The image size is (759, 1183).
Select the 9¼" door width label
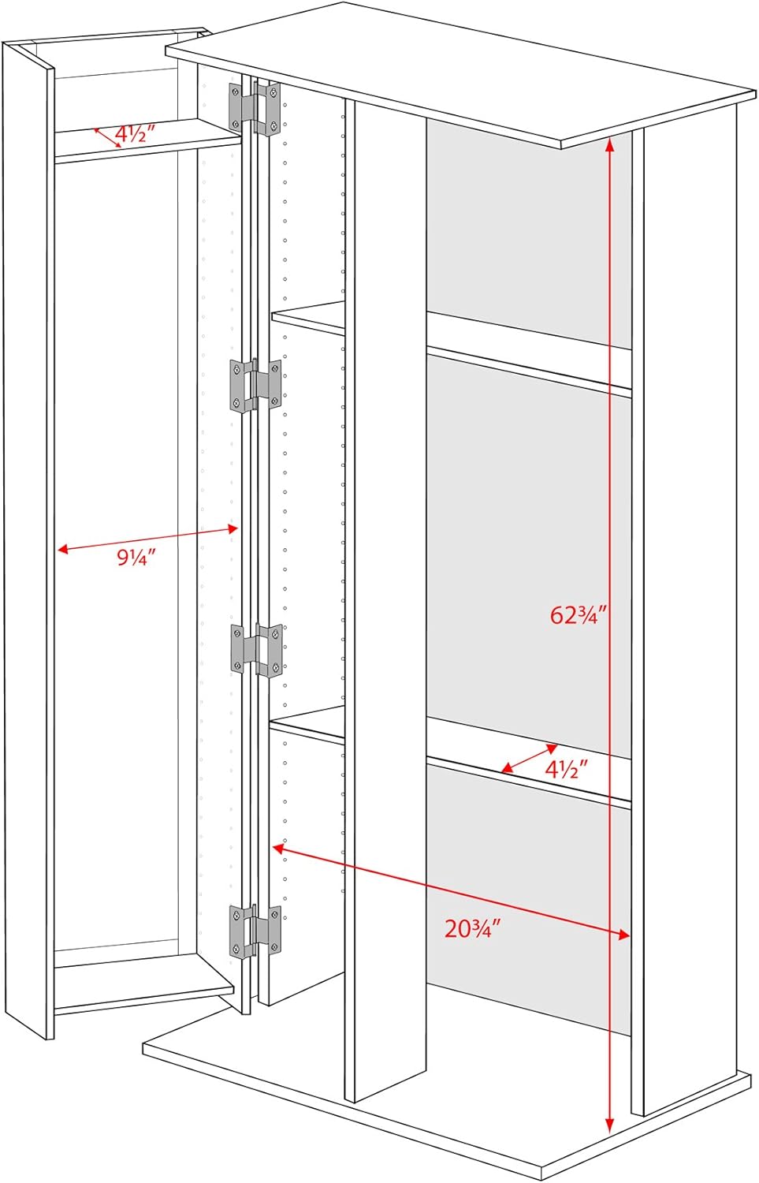[x=136, y=557]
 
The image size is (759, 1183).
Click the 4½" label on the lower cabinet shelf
[x=567, y=770]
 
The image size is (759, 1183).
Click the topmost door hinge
[x=255, y=109]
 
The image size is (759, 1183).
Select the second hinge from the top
[x=255, y=385]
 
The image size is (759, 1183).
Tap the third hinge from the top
[x=256, y=649]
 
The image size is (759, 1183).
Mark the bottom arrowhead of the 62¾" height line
[x=609, y=1125]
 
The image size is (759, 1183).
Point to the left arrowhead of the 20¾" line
[x=279, y=848]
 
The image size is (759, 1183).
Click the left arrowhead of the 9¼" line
[x=63, y=549]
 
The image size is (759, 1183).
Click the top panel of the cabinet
[x=459, y=74]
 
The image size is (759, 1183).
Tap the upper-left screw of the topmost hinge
[x=235, y=92]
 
